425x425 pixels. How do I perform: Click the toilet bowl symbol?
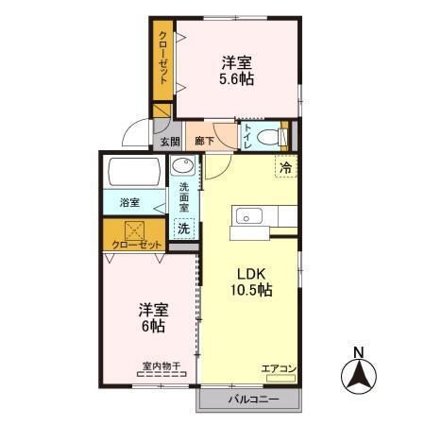(267, 137)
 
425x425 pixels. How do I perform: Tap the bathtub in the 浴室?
(134, 172)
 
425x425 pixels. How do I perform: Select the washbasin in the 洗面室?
(183, 166)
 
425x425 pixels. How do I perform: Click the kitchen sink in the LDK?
(249, 216)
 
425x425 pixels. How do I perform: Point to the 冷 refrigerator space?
(286, 166)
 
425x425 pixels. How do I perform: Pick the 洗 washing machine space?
(184, 229)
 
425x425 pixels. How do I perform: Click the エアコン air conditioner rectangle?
(280, 378)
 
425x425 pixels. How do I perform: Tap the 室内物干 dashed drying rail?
(161, 374)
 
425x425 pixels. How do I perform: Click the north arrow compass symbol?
(359, 376)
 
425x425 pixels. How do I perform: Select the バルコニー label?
(254, 399)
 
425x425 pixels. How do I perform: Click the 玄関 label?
(170, 142)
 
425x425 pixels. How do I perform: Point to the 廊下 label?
(204, 141)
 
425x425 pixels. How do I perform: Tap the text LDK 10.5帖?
(251, 282)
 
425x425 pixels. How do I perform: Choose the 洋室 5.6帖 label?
(237, 71)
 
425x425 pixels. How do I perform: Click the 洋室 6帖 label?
(154, 317)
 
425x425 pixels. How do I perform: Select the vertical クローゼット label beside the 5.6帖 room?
(163, 58)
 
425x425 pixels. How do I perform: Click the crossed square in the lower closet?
(134, 230)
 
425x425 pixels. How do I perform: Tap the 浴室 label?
(129, 202)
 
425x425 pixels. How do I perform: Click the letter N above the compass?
(359, 352)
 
